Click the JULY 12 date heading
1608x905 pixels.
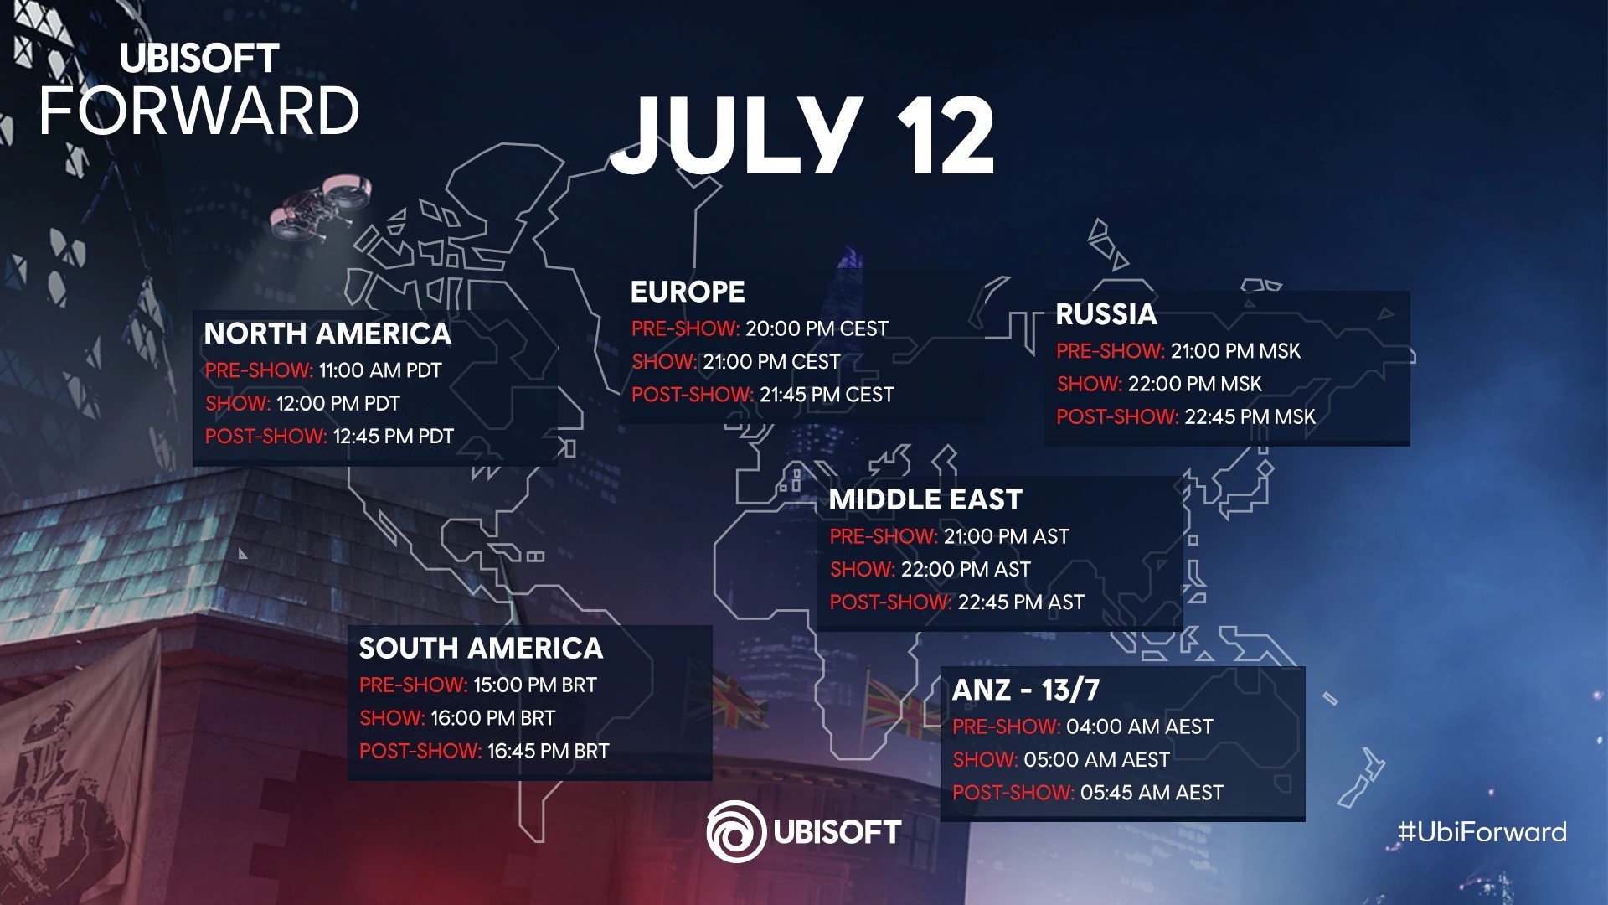pyautogui.click(x=802, y=136)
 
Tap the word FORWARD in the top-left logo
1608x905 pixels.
pyautogui.click(x=199, y=111)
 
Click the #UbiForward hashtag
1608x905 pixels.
pyautogui.click(x=1482, y=832)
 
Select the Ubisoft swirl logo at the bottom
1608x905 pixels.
pyautogui.click(x=736, y=831)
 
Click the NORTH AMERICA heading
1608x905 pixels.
pyautogui.click(x=327, y=334)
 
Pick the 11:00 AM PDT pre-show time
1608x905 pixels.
pyautogui.click(x=379, y=370)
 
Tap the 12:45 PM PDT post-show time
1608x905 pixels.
pyautogui.click(x=393, y=437)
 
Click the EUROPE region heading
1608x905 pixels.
pyautogui.click(x=688, y=292)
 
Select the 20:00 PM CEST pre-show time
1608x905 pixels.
pyautogui.click(x=817, y=328)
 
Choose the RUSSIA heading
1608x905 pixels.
pyautogui.click(x=1105, y=314)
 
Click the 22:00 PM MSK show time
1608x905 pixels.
pyautogui.click(x=1194, y=384)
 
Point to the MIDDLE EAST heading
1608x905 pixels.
pyautogui.click(x=925, y=499)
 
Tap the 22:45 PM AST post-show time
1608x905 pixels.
pyautogui.click(x=1021, y=602)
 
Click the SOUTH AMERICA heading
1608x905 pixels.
pyautogui.click(x=481, y=648)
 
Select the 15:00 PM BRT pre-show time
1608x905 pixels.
pyautogui.click(x=534, y=685)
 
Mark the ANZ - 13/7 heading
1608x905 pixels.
pyautogui.click(x=1026, y=690)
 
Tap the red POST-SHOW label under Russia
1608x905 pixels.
pyautogui.click(x=1117, y=417)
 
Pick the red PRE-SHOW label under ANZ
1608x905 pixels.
pyautogui.click(x=1006, y=727)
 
